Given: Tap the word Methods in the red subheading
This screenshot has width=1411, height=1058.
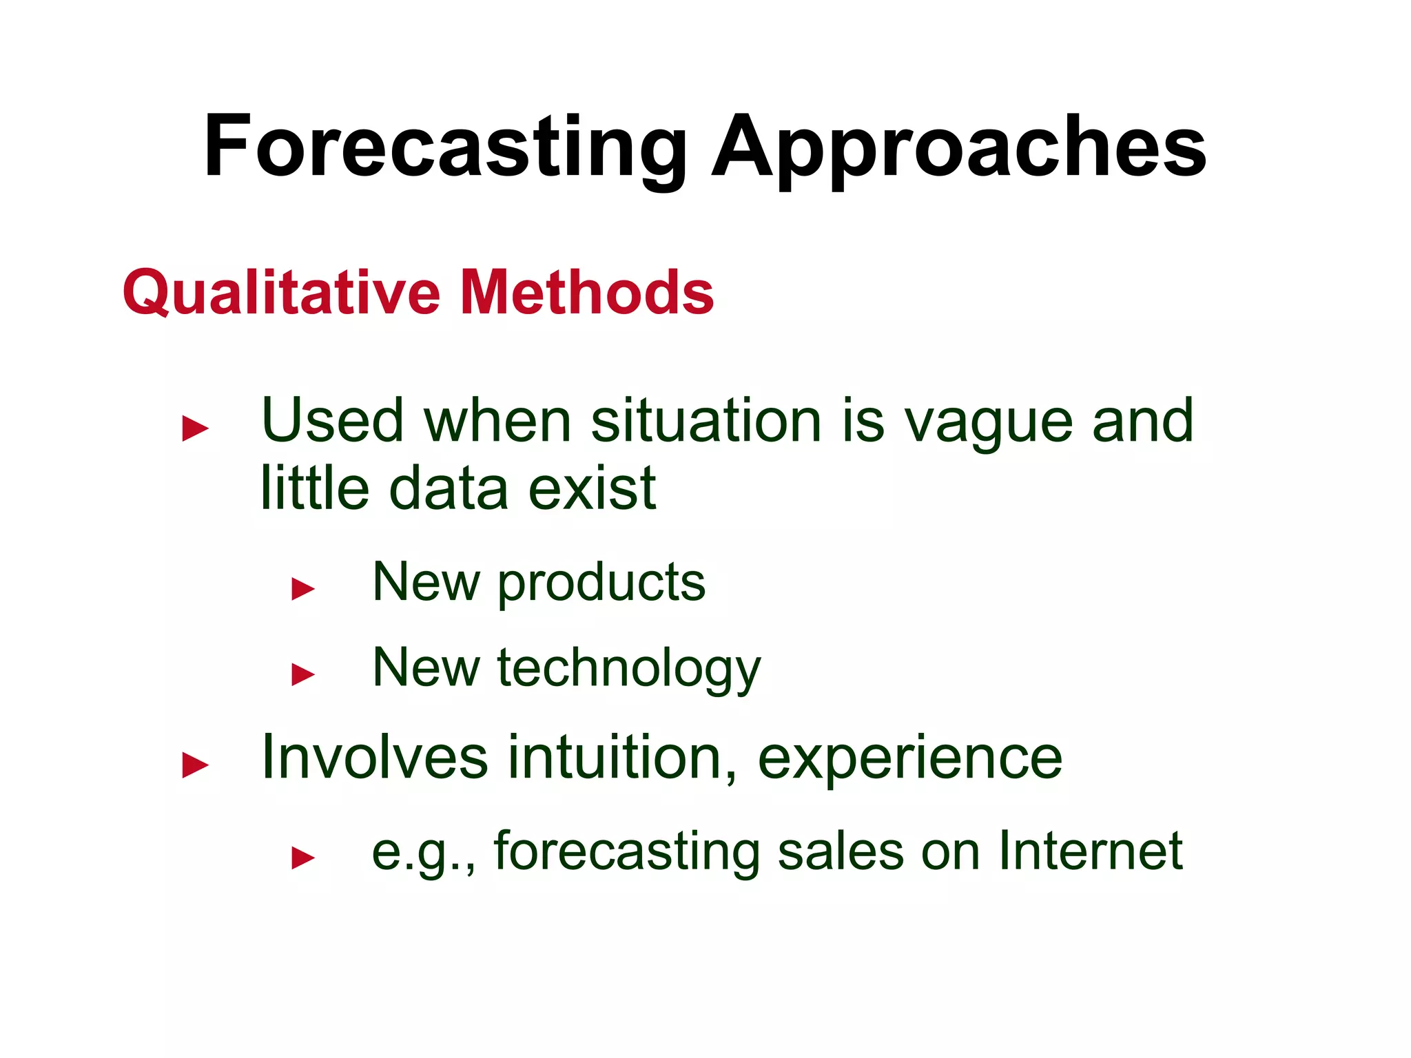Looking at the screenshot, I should point(586,292).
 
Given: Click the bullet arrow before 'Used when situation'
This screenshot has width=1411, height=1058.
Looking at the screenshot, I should point(195,428).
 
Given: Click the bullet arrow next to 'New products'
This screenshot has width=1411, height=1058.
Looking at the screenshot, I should point(303,589).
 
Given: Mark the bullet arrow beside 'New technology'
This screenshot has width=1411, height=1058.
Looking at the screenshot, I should point(303,674).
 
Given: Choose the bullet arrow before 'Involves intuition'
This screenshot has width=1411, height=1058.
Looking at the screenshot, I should point(195,765).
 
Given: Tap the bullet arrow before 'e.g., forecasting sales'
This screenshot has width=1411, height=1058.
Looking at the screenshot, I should point(303,858).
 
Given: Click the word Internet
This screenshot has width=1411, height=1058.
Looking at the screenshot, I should point(1090,851).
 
